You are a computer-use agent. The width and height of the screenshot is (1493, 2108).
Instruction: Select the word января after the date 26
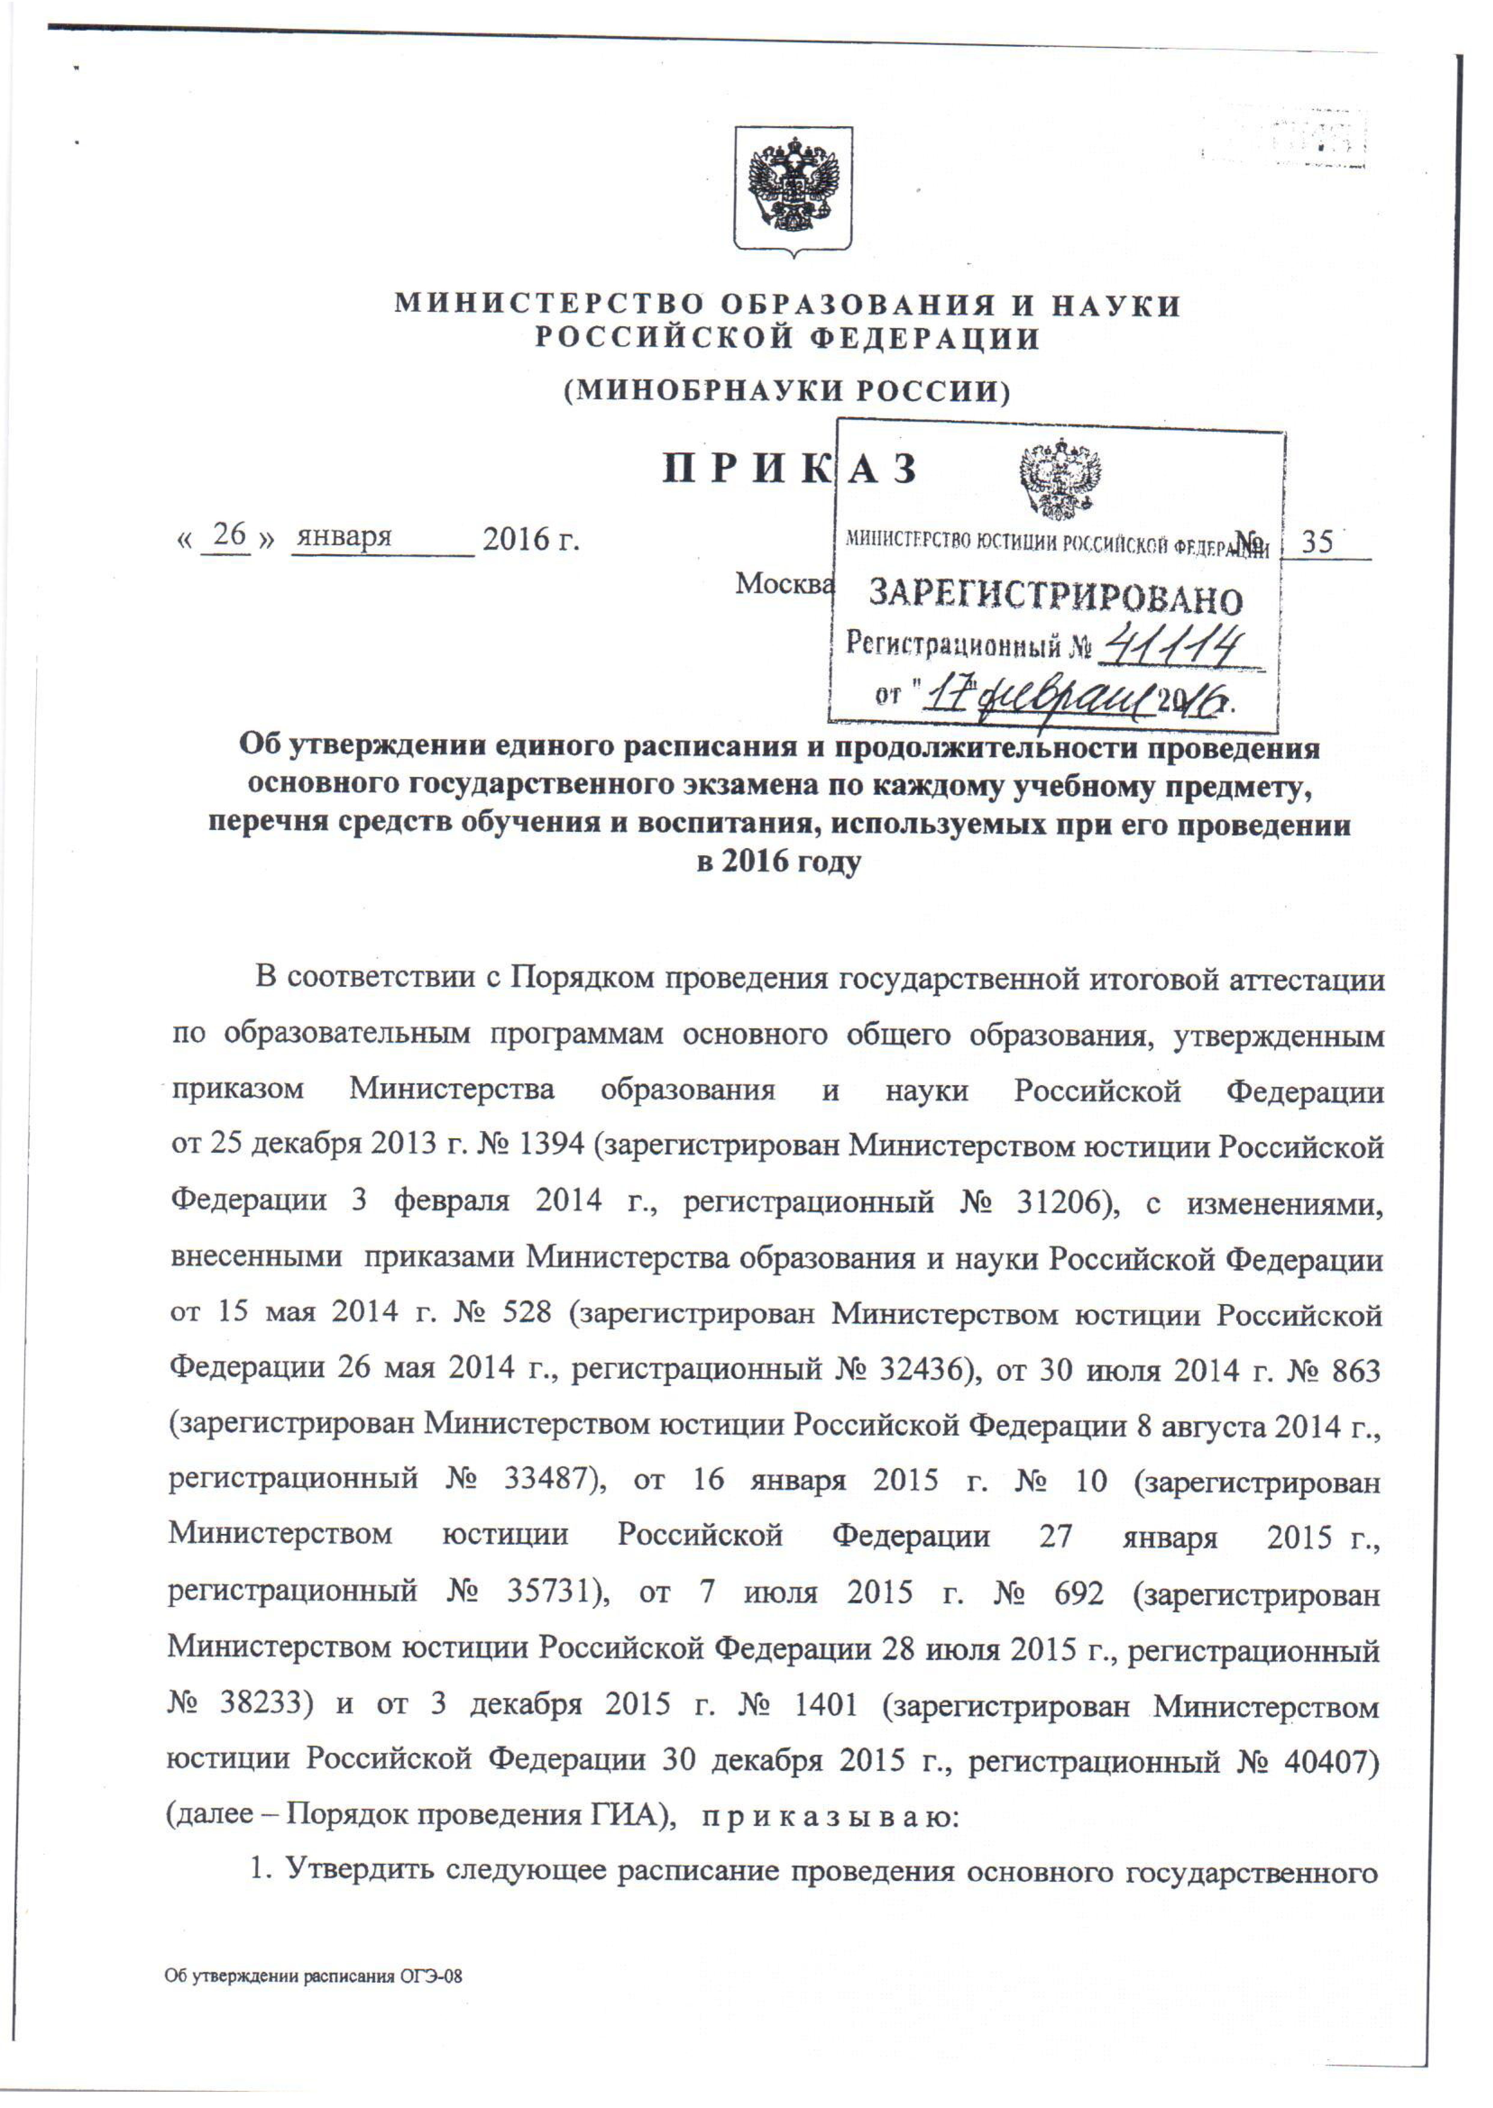pos(343,537)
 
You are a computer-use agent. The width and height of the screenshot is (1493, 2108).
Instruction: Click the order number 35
pos(1317,541)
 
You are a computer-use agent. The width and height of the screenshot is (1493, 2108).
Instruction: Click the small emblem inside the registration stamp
pos(1060,478)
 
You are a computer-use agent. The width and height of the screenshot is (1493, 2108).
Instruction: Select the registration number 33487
pos(544,1480)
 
